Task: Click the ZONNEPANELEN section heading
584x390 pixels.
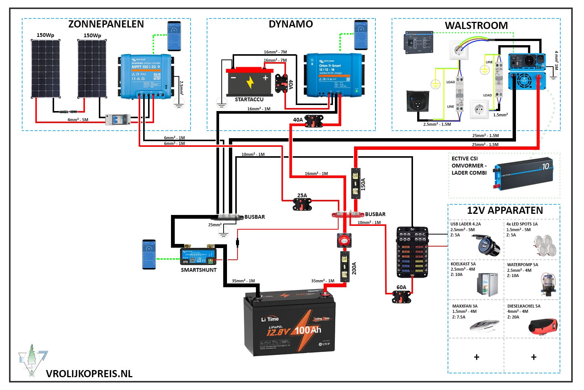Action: [106, 24]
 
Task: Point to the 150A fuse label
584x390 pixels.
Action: [363, 184]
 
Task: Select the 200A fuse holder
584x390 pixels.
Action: [345, 267]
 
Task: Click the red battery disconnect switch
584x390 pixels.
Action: [343, 240]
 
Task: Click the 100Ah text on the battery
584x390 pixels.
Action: [308, 331]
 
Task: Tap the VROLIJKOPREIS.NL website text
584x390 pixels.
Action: [89, 374]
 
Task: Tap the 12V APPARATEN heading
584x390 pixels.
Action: [505, 210]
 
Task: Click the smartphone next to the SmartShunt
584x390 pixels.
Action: [149, 254]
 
